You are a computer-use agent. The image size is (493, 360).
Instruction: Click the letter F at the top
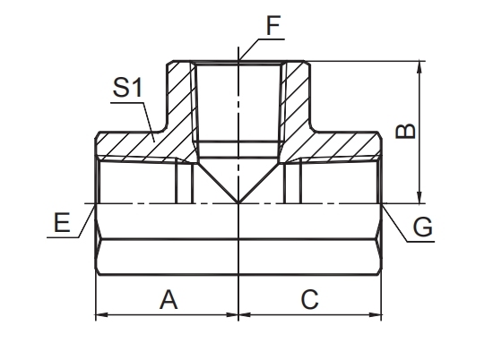coord(272,26)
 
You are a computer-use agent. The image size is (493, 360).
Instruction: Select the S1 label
coord(127,88)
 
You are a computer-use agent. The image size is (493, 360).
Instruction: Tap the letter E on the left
coord(62,223)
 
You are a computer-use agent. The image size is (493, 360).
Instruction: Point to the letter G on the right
coord(422,227)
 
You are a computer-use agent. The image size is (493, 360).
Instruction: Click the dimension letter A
coord(169,300)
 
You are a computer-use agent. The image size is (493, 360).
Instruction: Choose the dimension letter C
coord(310,299)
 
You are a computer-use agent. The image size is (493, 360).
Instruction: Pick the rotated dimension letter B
coord(405,132)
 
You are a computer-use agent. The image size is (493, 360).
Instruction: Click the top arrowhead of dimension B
coord(419,66)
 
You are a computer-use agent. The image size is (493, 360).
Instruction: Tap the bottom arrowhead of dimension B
coord(419,197)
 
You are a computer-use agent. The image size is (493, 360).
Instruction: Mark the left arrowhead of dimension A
coord(102,314)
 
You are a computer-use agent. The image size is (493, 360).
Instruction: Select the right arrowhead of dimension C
coord(376,314)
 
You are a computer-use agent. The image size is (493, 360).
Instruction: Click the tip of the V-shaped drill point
coord(238,202)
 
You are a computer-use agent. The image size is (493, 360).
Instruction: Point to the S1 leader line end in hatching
coord(154,141)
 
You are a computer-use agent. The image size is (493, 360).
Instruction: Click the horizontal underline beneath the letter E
coord(63,237)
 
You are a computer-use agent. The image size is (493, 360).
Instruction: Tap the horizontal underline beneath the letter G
coord(420,241)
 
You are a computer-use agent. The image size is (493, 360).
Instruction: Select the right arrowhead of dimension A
coord(231,314)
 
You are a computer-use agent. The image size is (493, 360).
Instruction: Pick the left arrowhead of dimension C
coord(246,314)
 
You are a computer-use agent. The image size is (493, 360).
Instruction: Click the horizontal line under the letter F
coord(271,39)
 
